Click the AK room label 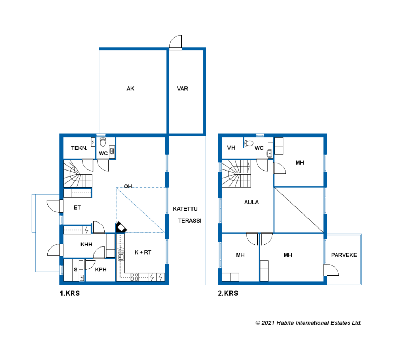pos(130,89)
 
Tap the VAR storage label pos(183,89)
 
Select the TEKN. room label pos(79,148)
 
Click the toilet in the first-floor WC pos(103,142)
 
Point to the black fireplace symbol pos(121,227)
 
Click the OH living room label pos(128,186)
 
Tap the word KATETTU pos(185,209)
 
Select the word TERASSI pos(190,221)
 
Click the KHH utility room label pos(86,245)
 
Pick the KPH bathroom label pos(101,270)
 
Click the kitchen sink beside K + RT pos(121,256)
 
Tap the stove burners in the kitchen pos(134,277)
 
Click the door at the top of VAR pos(176,42)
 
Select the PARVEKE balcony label pos(344,255)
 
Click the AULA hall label pos(251,202)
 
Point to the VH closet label pos(231,148)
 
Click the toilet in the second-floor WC pos(249,143)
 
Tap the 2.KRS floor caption pos(228,293)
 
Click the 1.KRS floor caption pos(70,293)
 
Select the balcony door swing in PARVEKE pos(331,270)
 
